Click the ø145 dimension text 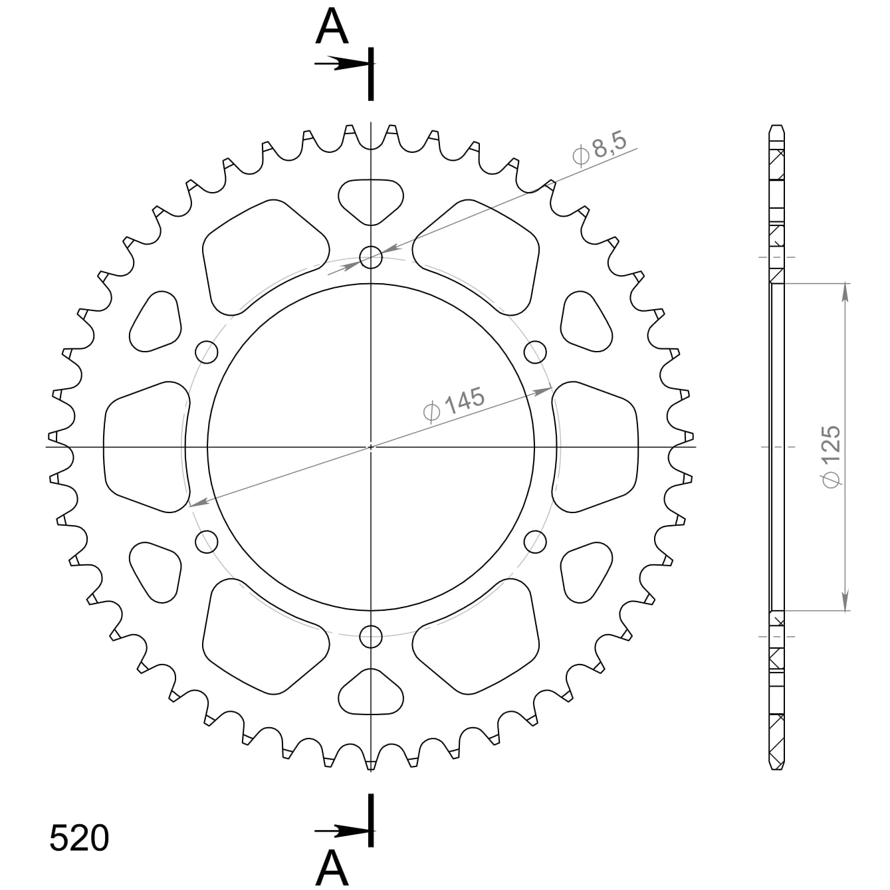pyautogui.click(x=454, y=403)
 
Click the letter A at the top pyautogui.click(x=332, y=28)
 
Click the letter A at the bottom pyautogui.click(x=332, y=867)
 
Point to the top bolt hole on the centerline pyautogui.click(x=371, y=257)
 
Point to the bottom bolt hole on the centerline pyautogui.click(x=371, y=636)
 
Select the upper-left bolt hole pyautogui.click(x=207, y=352)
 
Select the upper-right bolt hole pyautogui.click(x=535, y=352)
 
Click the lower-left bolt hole pyautogui.click(x=207, y=541)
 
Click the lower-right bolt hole pyautogui.click(x=535, y=541)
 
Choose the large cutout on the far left pyautogui.click(x=144, y=447)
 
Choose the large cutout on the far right pyautogui.click(x=596, y=447)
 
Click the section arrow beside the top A pyautogui.click(x=340, y=64)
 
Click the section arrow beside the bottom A pyautogui.click(x=340, y=830)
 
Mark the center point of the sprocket pyautogui.click(x=371, y=447)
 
